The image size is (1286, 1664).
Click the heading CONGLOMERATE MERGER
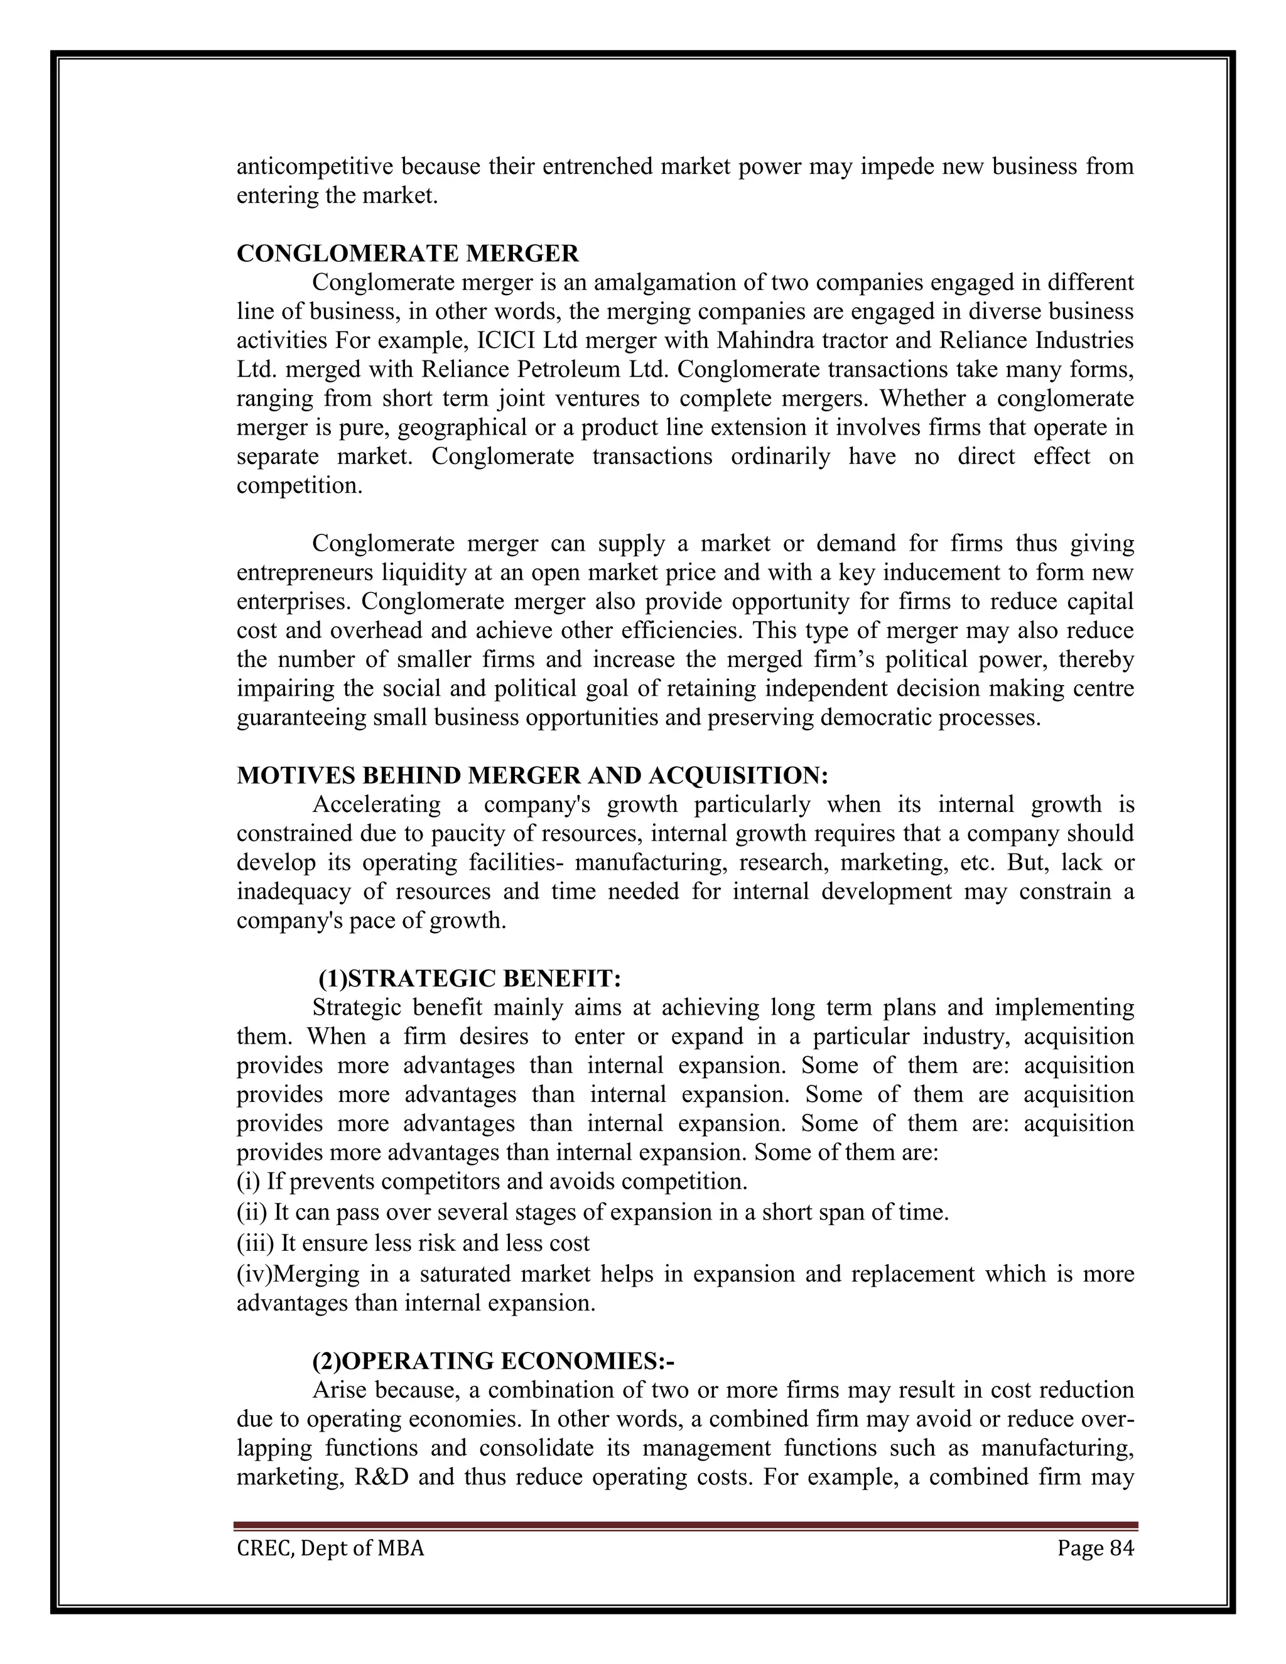(x=408, y=254)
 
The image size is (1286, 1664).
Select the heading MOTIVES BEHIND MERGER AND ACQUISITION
(x=532, y=775)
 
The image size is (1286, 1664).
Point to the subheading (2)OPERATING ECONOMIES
(x=493, y=1361)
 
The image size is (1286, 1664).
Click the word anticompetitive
(x=314, y=167)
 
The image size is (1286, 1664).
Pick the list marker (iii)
(x=255, y=1243)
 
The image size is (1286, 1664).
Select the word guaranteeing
(x=301, y=718)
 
